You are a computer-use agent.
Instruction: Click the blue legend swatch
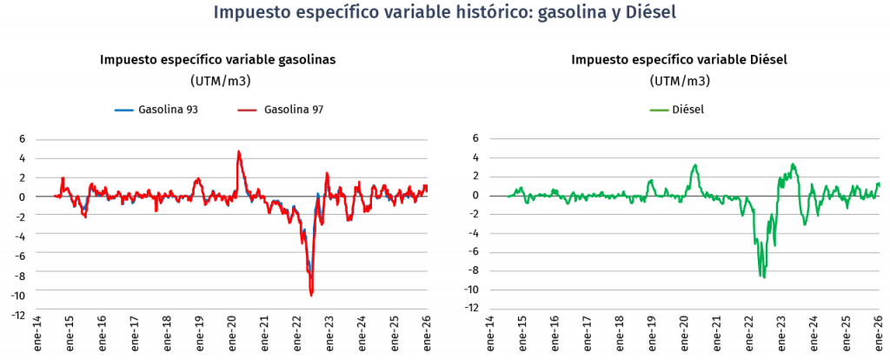click(124, 110)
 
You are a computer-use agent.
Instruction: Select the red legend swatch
click(247, 110)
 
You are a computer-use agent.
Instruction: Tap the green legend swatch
click(660, 110)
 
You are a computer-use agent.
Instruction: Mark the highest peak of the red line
click(238, 151)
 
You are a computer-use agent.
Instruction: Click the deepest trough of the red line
click(311, 297)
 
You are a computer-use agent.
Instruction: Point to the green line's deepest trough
click(762, 277)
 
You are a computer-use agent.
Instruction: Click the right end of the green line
click(879, 183)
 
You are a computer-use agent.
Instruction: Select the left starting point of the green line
click(508, 196)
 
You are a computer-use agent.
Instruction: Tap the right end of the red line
click(427, 186)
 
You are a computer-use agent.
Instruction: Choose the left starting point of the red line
click(54, 196)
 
